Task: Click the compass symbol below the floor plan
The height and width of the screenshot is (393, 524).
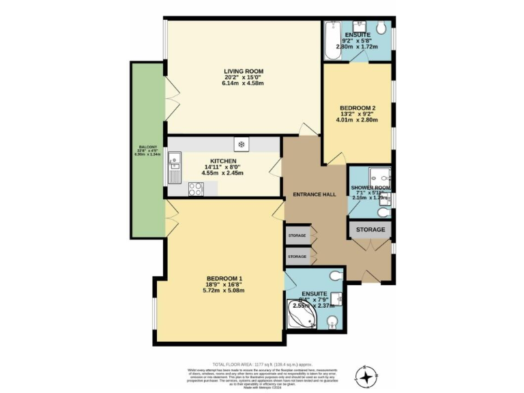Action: point(367,376)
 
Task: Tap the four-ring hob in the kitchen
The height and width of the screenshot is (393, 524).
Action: point(193,192)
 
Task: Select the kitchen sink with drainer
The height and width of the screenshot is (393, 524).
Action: point(175,166)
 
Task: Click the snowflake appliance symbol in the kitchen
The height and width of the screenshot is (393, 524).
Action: point(241,144)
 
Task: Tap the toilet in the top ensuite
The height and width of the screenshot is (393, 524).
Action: point(384,28)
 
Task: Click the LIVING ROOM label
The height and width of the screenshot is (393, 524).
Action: point(244,71)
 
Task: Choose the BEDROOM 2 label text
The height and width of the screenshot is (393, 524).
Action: point(358,108)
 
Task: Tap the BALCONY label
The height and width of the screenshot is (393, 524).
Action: point(148,147)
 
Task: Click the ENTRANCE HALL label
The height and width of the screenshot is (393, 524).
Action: point(314,194)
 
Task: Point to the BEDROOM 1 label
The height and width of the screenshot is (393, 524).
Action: point(224,278)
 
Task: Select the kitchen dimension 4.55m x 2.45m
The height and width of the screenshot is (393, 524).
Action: point(222,173)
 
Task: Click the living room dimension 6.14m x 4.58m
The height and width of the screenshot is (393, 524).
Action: point(244,85)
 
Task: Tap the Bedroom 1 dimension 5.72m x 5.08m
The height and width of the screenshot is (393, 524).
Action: point(224,291)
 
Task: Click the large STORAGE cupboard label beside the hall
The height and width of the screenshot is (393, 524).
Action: point(370,230)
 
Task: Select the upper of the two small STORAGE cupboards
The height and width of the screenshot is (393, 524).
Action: point(297,235)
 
